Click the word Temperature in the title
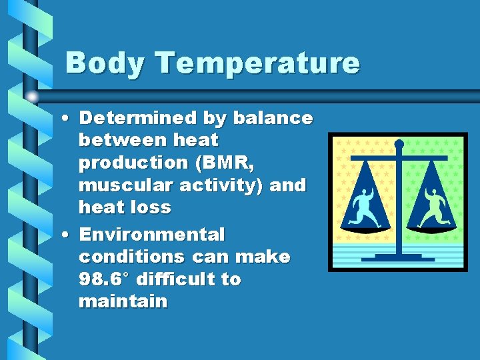click(x=258, y=64)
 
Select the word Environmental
click(x=152, y=235)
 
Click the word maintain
click(x=123, y=301)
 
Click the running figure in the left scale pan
click(x=364, y=207)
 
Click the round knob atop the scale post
click(x=399, y=143)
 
